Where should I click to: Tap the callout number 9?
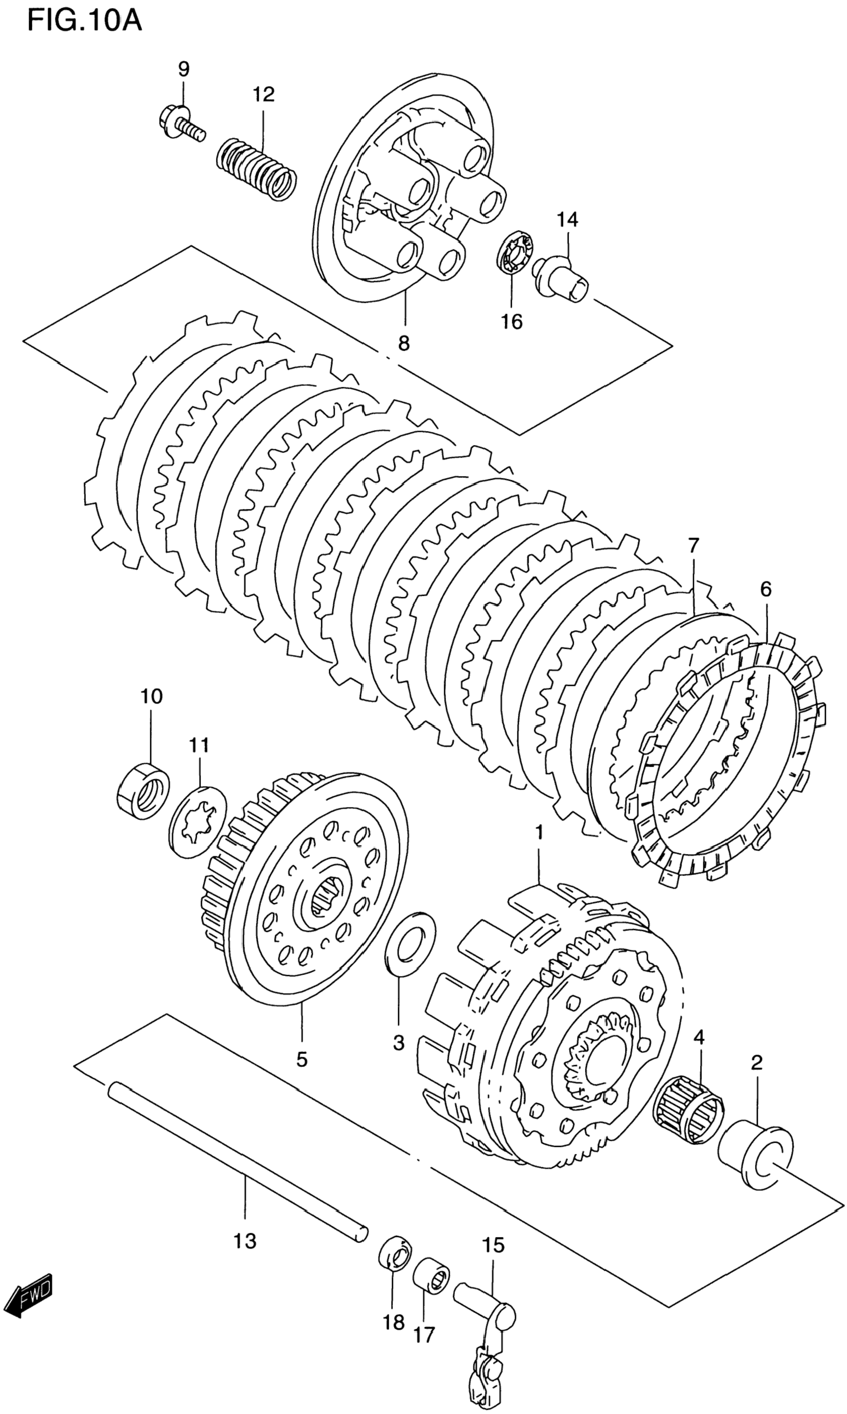[183, 69]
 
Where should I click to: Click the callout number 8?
[403, 343]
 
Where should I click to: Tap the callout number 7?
[693, 546]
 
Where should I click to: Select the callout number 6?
[765, 588]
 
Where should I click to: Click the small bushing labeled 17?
[431, 1290]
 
